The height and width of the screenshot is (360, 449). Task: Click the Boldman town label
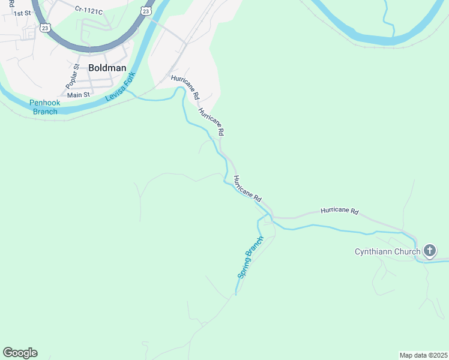point(107,68)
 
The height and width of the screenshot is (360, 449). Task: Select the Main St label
point(78,95)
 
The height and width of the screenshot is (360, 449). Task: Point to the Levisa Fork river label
point(121,87)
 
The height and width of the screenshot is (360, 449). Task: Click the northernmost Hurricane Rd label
point(185,87)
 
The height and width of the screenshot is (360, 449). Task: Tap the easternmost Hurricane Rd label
point(339,211)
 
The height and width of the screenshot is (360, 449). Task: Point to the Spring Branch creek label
point(250,257)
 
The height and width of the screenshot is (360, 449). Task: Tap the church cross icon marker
point(430,251)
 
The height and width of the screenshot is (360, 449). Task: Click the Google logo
point(20,353)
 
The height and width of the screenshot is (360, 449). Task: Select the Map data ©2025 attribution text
point(423,355)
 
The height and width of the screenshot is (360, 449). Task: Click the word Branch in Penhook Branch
point(45,111)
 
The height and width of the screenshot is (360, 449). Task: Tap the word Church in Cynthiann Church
point(407,251)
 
